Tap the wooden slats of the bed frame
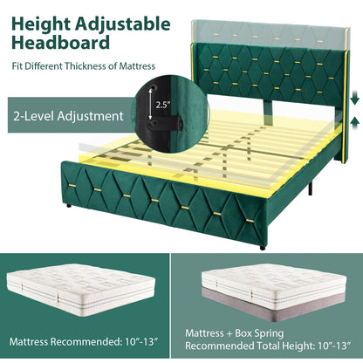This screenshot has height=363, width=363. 201,148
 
